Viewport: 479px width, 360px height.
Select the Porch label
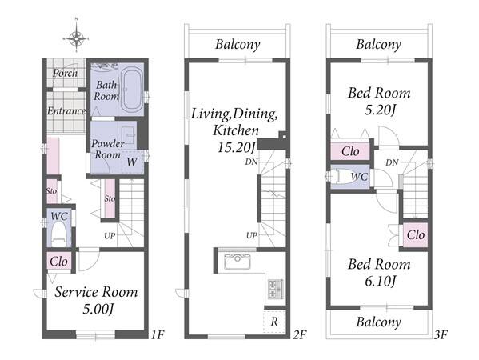(65, 73)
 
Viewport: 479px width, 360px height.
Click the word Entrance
(66, 110)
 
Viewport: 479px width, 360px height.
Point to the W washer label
(132, 162)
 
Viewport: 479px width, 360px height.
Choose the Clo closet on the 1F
(58, 262)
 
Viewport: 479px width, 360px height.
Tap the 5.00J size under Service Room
(98, 310)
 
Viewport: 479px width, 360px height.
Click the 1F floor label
(158, 335)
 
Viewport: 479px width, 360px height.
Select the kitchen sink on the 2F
(238, 262)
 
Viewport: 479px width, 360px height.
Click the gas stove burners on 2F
(276, 289)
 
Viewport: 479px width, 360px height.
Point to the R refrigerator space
(274, 321)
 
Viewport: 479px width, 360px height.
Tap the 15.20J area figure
(236, 147)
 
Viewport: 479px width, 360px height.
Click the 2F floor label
(300, 335)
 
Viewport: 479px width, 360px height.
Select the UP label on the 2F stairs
(252, 235)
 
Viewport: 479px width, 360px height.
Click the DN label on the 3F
(392, 162)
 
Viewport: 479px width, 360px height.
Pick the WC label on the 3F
(359, 176)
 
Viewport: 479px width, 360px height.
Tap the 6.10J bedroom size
(381, 281)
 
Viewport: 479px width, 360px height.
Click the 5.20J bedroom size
(381, 110)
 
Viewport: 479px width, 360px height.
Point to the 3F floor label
(441, 335)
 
